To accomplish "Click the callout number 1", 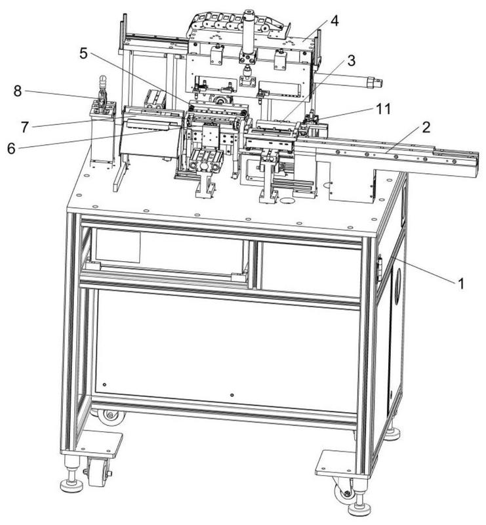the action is click(x=461, y=283).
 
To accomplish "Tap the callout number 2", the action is click(x=426, y=127).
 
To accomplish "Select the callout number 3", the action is click(x=351, y=60).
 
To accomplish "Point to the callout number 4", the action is click(x=334, y=21).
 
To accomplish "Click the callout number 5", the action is click(x=83, y=53).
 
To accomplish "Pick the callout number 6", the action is click(x=11, y=148).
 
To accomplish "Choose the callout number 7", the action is click(x=25, y=127).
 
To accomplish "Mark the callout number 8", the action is click(x=18, y=91).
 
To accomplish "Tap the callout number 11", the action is click(x=383, y=109).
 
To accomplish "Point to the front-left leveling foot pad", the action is click(x=71, y=484).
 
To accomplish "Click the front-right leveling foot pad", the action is click(x=359, y=510).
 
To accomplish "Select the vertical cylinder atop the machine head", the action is click(x=249, y=31).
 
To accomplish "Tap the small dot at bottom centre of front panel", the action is click(x=232, y=395).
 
